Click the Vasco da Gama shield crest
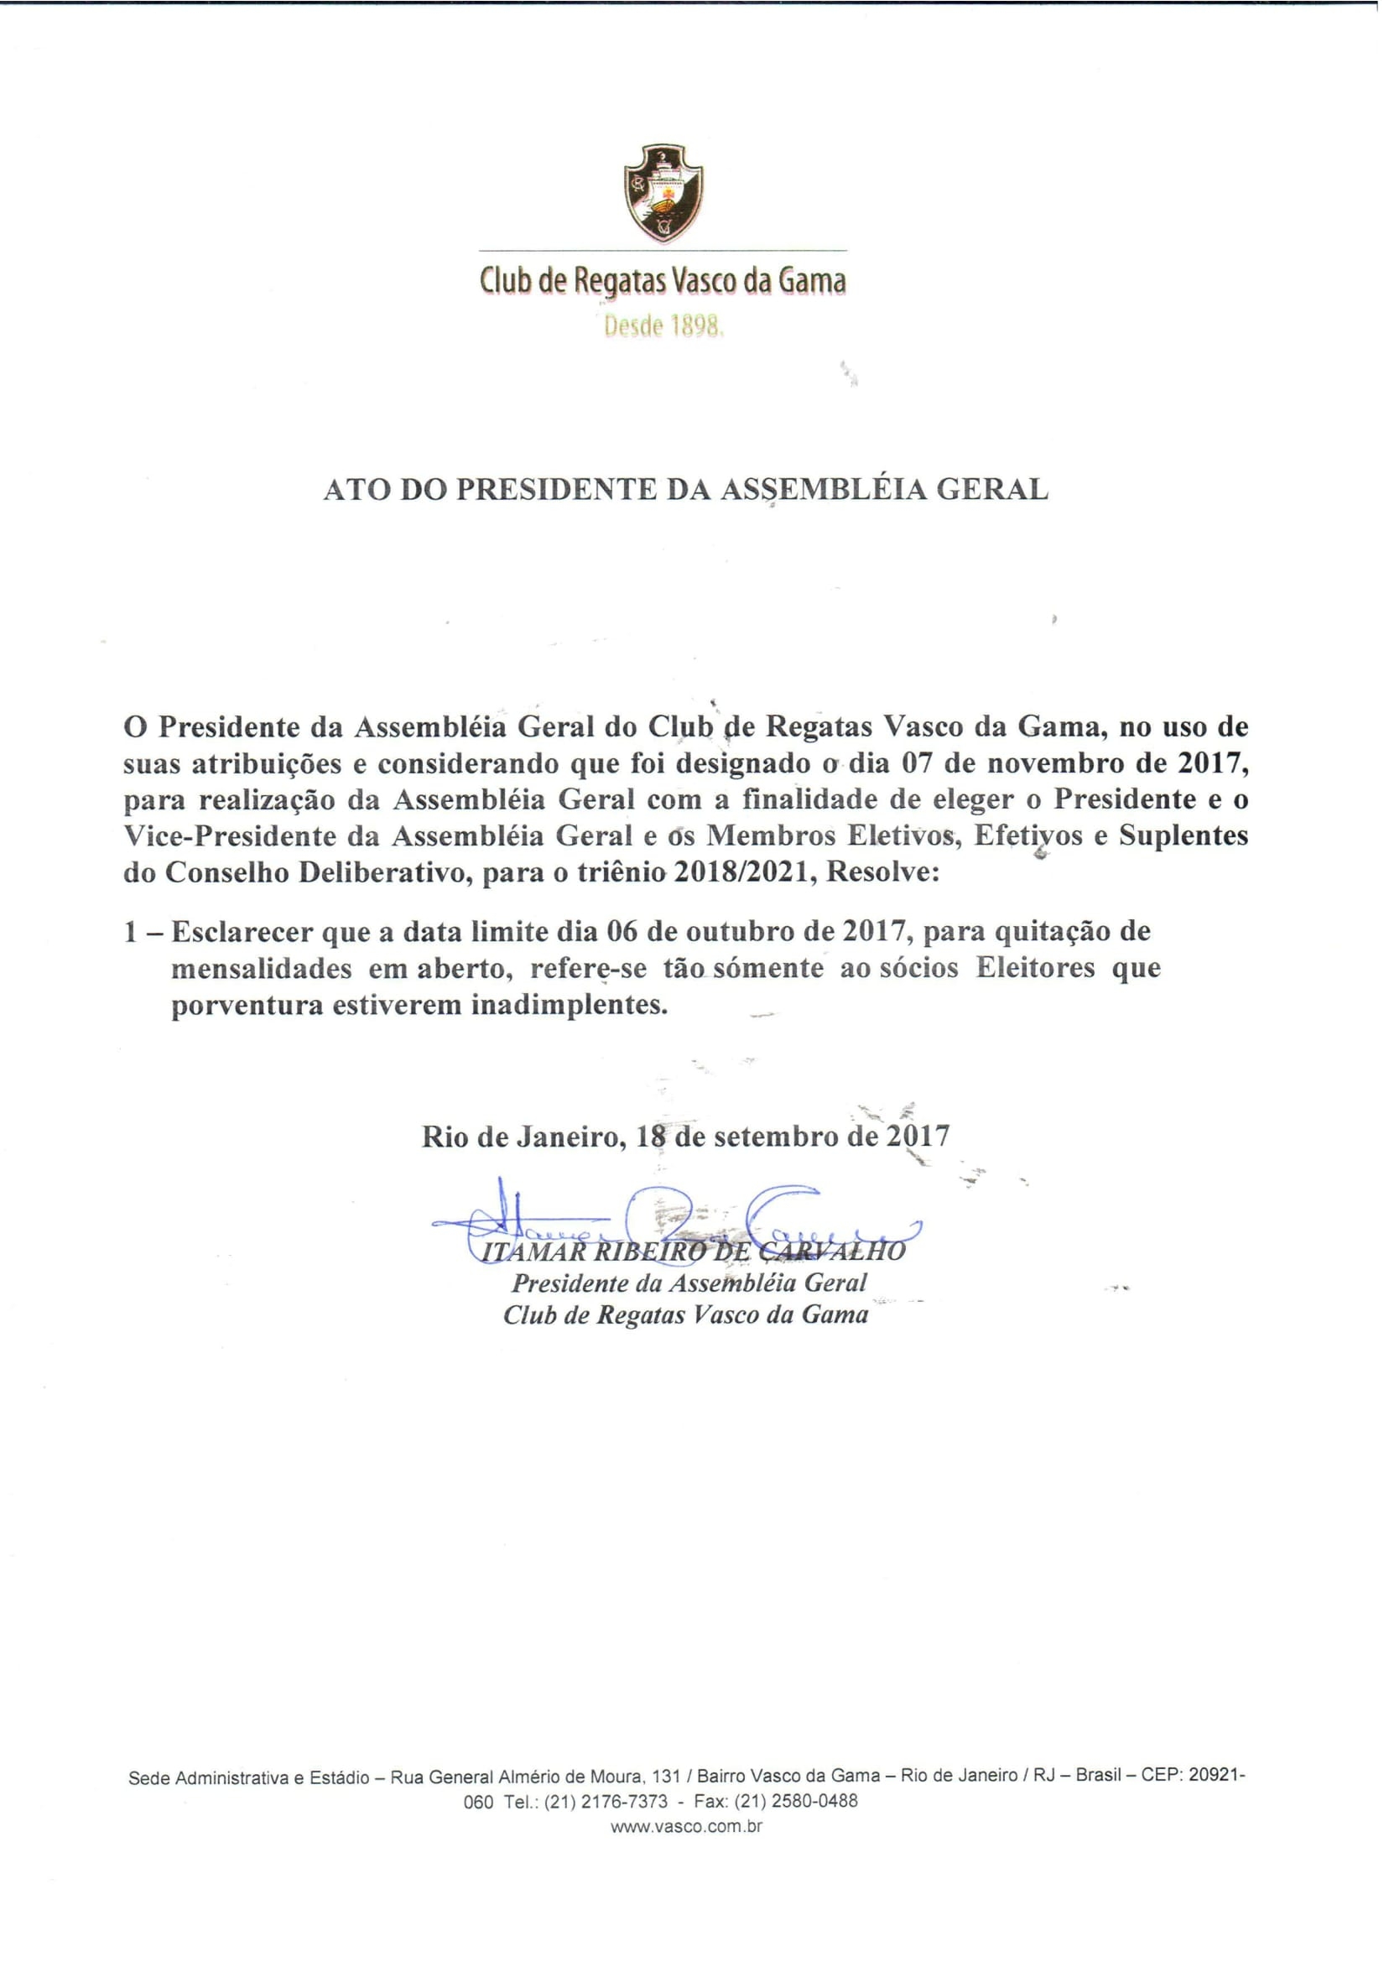pyautogui.click(x=663, y=193)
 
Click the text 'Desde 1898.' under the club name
pyautogui.click(x=663, y=326)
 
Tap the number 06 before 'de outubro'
pyautogui.click(x=622, y=930)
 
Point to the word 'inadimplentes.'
pyautogui.click(x=569, y=1004)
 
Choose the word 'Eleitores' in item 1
pyautogui.click(x=1035, y=968)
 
